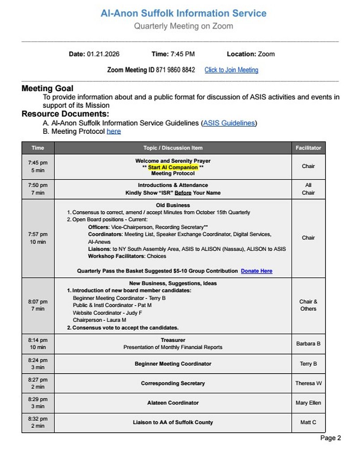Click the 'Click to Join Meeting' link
(x=231, y=70)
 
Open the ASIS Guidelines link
(x=229, y=123)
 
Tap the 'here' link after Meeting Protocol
(x=114, y=132)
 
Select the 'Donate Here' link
(x=257, y=271)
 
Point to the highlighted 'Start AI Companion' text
(x=173, y=167)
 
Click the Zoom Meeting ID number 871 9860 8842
(x=176, y=70)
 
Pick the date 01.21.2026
(x=103, y=54)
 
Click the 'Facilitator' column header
(x=308, y=148)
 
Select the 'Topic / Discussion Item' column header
(x=173, y=148)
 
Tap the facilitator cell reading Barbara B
(x=308, y=344)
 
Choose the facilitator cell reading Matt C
(x=308, y=422)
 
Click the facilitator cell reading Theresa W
(x=308, y=383)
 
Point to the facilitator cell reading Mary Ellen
(x=308, y=403)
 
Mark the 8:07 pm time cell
(x=38, y=305)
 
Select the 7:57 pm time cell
(x=38, y=238)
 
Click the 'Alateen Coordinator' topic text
(x=173, y=403)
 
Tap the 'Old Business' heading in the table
(x=173, y=205)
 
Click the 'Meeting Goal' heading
(x=47, y=89)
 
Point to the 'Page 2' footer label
(x=330, y=438)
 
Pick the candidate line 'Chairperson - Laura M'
(x=99, y=320)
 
